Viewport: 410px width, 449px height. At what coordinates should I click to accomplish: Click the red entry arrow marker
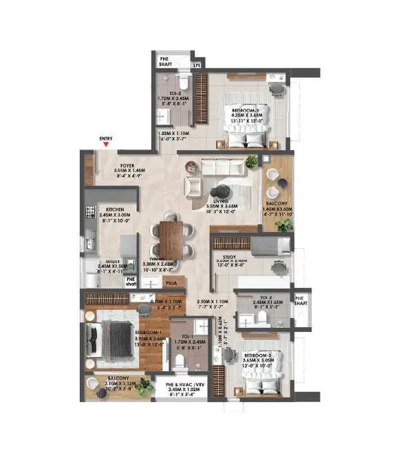tap(105, 145)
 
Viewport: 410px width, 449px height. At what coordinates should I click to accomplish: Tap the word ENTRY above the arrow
tap(105, 139)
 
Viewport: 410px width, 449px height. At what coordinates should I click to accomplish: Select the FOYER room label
tap(127, 166)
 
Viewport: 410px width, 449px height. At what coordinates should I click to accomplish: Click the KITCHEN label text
tap(114, 209)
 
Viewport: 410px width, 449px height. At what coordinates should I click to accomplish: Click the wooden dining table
tap(171, 239)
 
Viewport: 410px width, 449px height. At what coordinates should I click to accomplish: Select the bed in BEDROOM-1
tap(113, 339)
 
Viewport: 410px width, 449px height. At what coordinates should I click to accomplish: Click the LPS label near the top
tap(196, 66)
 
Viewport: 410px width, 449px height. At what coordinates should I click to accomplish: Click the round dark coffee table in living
tap(222, 192)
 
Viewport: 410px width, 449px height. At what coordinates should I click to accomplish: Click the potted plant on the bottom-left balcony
tap(143, 387)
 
